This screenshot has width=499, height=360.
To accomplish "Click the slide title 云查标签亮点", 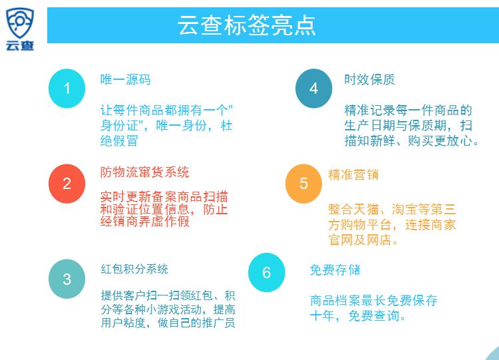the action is click(247, 25).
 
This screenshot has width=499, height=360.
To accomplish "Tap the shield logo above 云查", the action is click(20, 23).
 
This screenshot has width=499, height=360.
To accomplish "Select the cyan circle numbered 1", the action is click(67, 89).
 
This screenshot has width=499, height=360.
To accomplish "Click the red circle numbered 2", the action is click(67, 184).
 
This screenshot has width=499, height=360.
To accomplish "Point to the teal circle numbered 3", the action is click(67, 279).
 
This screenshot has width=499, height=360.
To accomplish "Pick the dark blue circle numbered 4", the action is click(314, 89).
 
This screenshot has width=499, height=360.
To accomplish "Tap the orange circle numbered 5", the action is click(303, 184).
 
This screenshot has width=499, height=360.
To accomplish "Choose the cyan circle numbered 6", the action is click(267, 272).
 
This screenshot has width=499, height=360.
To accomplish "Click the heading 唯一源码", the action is click(126, 80).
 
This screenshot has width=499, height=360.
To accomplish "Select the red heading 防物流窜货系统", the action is click(145, 172).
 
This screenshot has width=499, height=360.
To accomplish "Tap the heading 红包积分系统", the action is click(134, 269).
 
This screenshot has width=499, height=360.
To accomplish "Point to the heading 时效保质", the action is click(369, 80).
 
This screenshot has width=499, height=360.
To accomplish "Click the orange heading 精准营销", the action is click(353, 175).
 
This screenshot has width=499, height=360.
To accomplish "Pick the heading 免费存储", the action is click(335, 270).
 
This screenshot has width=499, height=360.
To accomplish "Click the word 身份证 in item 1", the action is click(119, 125).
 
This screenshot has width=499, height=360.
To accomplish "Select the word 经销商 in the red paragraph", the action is click(119, 221).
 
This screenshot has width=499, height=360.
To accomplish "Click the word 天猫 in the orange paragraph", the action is click(366, 209).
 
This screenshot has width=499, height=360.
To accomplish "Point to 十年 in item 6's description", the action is click(323, 316).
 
